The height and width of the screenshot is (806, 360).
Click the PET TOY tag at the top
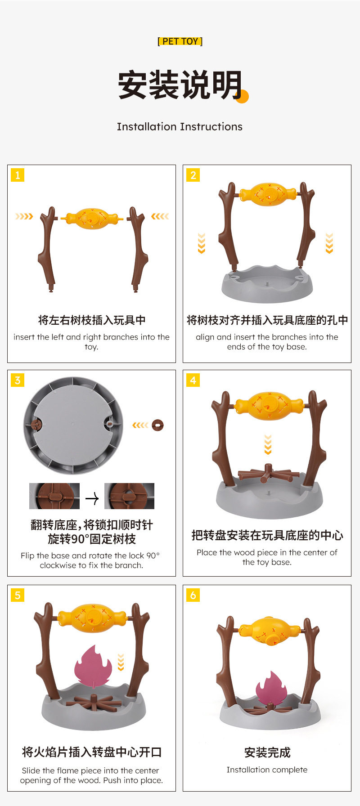[x=180, y=41]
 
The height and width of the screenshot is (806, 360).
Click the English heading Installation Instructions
[x=180, y=126]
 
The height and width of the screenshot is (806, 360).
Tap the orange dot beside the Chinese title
[x=242, y=96]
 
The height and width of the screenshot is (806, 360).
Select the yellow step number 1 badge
[x=18, y=175]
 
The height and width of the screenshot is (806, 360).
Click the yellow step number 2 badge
[x=193, y=175]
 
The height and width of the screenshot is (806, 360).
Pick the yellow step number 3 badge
[x=18, y=380]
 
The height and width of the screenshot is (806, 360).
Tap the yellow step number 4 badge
[x=193, y=380]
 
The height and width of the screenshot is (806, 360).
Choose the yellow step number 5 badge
[x=18, y=595]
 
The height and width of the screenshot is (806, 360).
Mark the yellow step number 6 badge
[x=193, y=595]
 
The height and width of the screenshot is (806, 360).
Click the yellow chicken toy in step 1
[x=92, y=219]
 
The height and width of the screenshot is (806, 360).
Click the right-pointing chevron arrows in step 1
[x=24, y=216]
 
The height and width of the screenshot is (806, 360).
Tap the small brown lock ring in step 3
[x=157, y=425]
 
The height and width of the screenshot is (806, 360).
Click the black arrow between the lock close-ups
[x=92, y=498]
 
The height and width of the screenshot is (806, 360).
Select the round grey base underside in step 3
[x=73, y=425]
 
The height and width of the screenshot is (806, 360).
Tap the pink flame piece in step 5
[x=93, y=667]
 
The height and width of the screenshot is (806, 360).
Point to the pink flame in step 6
[x=271, y=689]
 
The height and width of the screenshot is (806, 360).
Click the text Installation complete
[x=267, y=770]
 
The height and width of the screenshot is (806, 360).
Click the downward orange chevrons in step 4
[x=268, y=444]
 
